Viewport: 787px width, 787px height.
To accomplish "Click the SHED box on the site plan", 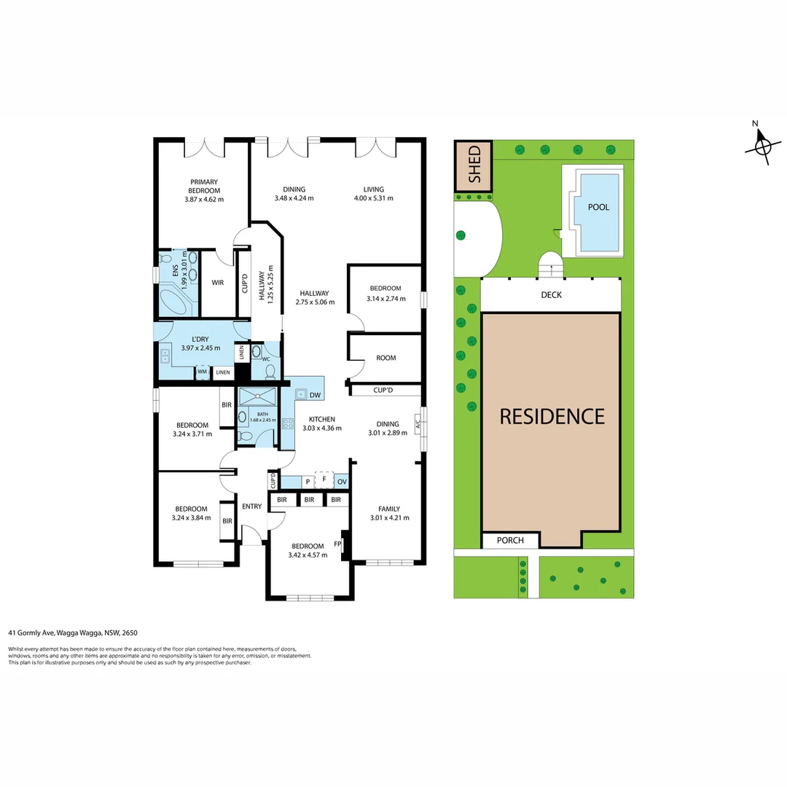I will click(474, 166).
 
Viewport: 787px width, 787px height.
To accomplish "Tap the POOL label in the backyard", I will click(598, 208).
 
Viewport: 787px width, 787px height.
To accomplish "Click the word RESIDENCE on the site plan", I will click(552, 416).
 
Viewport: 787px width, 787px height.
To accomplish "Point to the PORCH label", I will click(510, 541).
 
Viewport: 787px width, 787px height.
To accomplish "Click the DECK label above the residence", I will click(551, 295).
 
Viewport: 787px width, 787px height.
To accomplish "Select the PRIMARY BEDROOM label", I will click(204, 187).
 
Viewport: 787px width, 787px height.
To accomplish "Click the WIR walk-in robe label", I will click(217, 283).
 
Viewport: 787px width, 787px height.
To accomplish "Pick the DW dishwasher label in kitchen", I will click(315, 396).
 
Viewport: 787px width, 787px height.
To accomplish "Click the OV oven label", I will click(342, 482).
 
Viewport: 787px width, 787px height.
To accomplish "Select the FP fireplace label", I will click(337, 544).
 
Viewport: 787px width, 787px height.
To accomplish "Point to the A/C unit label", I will click(418, 424).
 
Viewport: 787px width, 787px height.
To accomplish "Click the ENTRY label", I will click(251, 506).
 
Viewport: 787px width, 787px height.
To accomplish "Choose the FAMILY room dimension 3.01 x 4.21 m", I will click(388, 518).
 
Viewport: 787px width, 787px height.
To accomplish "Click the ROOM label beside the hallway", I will click(385, 358).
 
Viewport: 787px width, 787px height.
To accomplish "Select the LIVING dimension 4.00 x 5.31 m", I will click(373, 198).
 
